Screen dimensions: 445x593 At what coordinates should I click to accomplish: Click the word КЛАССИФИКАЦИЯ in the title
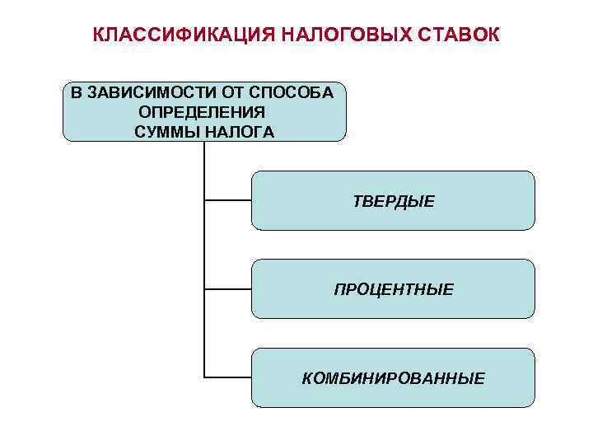(183, 35)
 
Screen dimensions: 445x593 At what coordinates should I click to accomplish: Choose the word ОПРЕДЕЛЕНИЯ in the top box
(202, 111)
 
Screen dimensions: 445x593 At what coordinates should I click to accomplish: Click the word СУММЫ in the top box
(165, 131)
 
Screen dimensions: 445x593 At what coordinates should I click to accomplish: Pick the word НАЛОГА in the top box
(238, 131)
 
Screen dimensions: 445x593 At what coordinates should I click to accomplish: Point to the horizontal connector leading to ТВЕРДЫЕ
(227, 200)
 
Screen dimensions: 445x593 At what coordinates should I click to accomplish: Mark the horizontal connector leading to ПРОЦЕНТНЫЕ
(227, 288)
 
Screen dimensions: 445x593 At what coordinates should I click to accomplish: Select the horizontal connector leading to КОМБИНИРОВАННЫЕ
(227, 377)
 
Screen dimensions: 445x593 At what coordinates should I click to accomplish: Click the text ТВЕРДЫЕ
(394, 201)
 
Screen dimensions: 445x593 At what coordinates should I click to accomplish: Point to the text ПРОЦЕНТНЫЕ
(394, 289)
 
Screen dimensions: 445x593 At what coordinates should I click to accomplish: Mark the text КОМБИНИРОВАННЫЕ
(394, 378)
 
